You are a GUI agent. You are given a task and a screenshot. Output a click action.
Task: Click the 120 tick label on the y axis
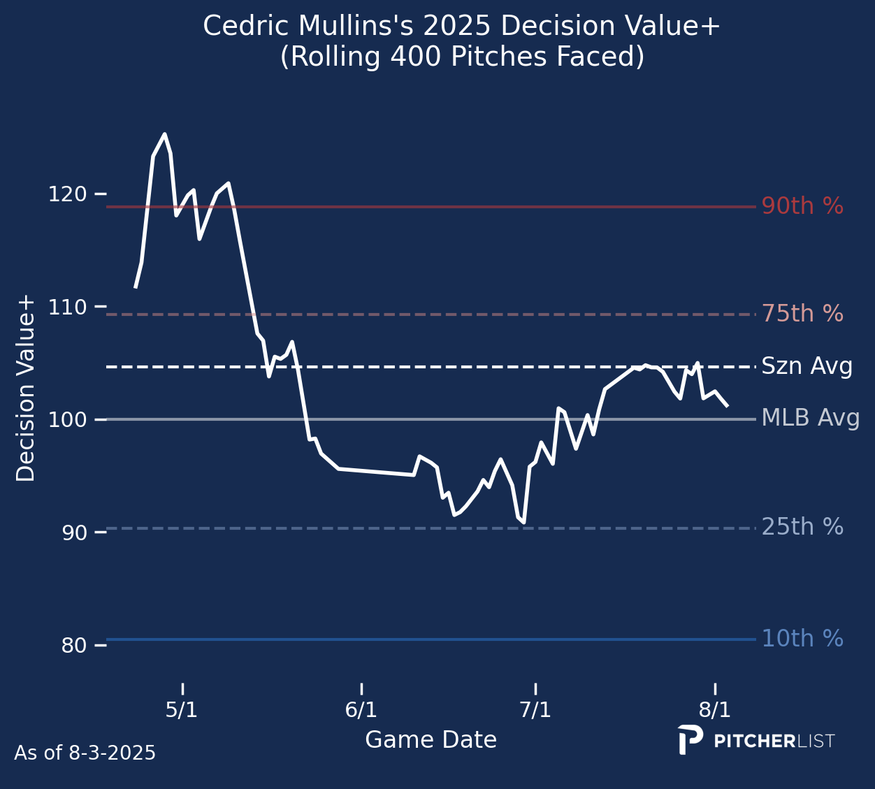pyautogui.click(x=68, y=194)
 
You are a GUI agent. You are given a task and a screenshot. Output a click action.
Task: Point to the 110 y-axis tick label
pyautogui.click(x=68, y=307)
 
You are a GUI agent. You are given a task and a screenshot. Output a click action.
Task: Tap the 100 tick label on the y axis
pyautogui.click(x=68, y=420)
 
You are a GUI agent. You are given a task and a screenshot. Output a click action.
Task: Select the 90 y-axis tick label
pyautogui.click(x=74, y=533)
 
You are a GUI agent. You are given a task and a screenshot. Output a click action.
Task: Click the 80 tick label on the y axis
pyautogui.click(x=74, y=645)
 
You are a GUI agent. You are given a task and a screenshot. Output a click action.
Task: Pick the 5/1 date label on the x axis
pyautogui.click(x=182, y=710)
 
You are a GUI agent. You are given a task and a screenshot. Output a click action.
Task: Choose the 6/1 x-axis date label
pyautogui.click(x=361, y=710)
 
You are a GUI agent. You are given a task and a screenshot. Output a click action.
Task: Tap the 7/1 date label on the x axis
pyautogui.click(x=535, y=710)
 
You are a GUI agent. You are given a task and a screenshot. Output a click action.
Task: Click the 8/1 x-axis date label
pyautogui.click(x=714, y=710)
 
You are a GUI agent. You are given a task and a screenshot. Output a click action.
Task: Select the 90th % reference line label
pyautogui.click(x=802, y=205)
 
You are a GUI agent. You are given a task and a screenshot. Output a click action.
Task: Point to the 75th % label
pyautogui.click(x=802, y=313)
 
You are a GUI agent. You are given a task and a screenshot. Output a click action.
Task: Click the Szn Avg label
pyautogui.click(x=807, y=366)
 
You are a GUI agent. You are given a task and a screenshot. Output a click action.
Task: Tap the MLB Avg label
pyautogui.click(x=811, y=418)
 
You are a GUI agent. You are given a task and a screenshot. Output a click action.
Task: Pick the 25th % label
pyautogui.click(x=802, y=527)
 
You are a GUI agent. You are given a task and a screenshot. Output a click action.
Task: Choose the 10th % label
pyautogui.click(x=802, y=639)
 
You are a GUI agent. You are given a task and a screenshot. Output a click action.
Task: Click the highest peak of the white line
pyautogui.click(x=164, y=134)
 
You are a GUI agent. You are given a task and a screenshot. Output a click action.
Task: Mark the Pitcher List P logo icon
pyautogui.click(x=690, y=740)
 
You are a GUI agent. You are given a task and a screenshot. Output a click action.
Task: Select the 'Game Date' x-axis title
pyautogui.click(x=431, y=739)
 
